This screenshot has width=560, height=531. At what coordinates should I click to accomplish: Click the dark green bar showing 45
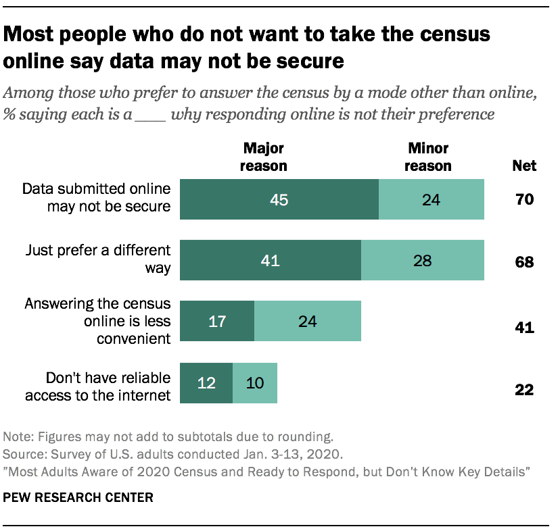click(279, 200)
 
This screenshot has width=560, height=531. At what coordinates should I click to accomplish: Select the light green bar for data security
click(431, 200)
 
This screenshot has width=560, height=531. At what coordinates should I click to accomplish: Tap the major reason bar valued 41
click(270, 260)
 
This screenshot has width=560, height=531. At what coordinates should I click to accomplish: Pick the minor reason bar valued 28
click(423, 260)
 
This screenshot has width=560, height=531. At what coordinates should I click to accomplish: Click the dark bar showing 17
click(216, 321)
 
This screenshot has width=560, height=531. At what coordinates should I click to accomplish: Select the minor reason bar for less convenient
click(308, 321)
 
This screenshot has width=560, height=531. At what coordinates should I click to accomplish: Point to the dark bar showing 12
click(206, 384)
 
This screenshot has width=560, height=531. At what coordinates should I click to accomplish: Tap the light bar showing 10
click(255, 384)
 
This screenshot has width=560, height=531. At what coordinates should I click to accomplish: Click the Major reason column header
click(265, 156)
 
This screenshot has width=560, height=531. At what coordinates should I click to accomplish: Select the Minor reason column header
click(429, 156)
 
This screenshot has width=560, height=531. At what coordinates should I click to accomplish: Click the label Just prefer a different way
click(98, 259)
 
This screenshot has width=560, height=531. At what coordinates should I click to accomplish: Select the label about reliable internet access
click(98, 386)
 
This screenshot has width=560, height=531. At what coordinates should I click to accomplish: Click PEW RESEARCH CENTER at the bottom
click(78, 498)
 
